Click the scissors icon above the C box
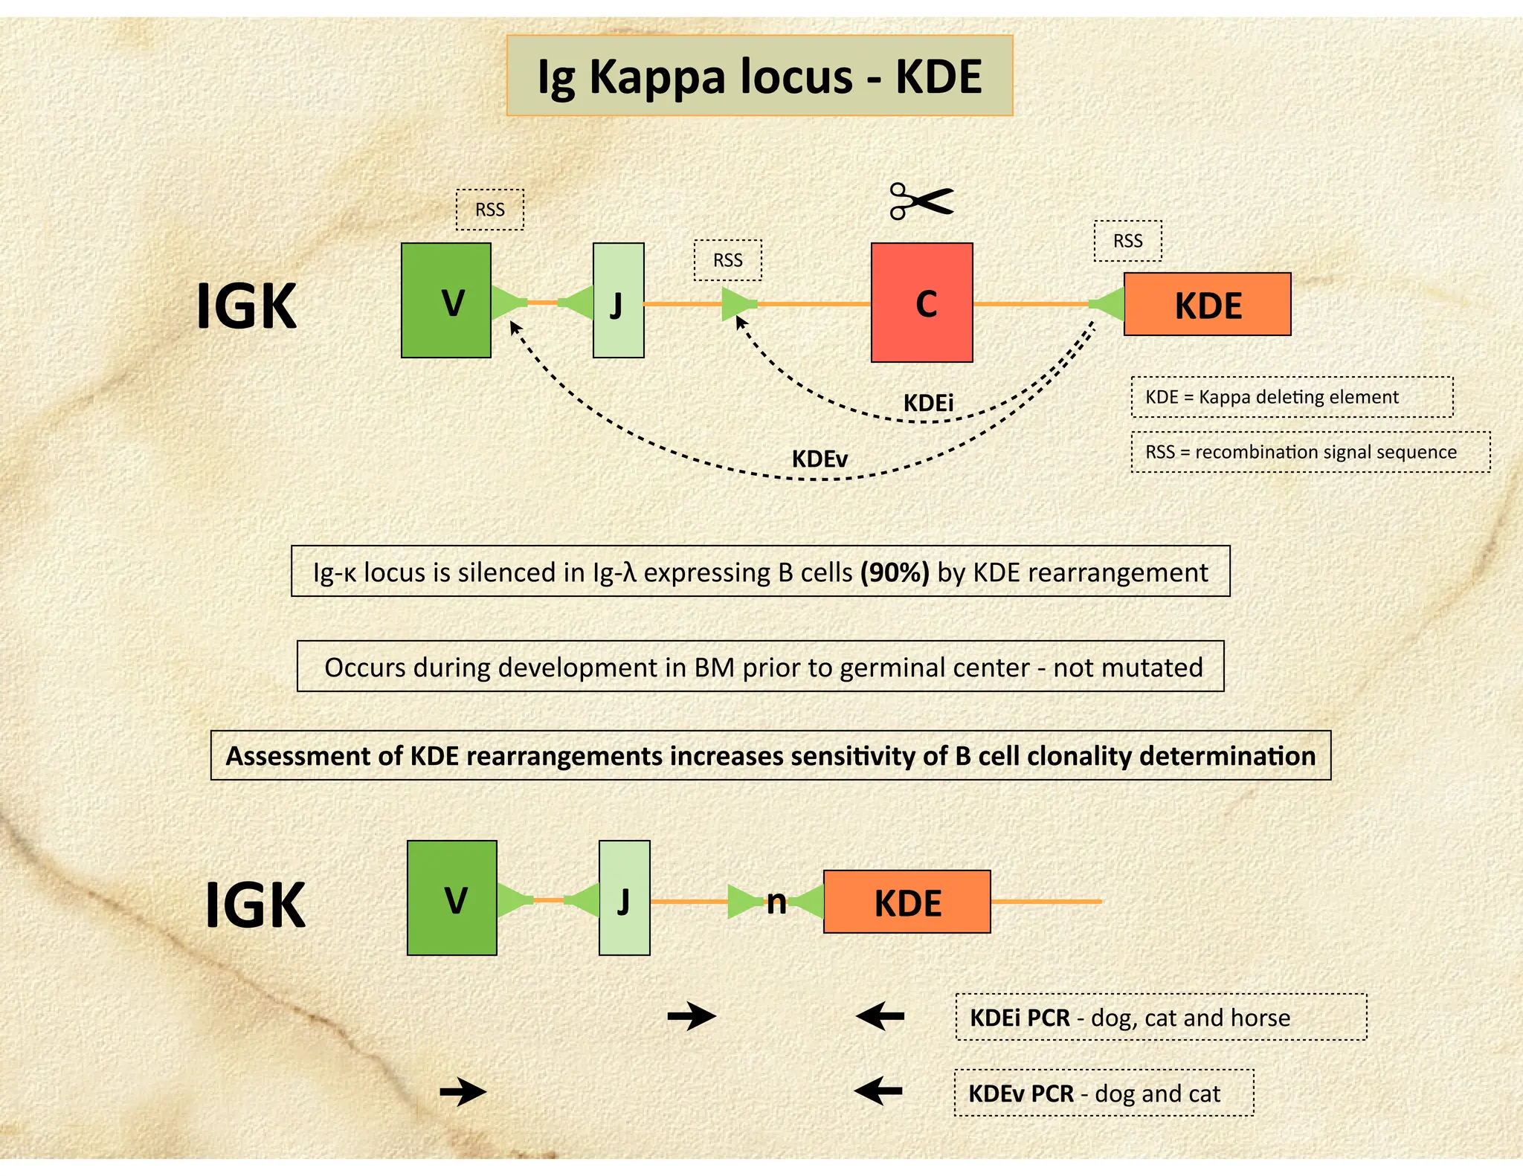(x=921, y=201)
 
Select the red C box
(x=922, y=303)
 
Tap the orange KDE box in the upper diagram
(x=1208, y=304)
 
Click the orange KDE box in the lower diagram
(x=907, y=902)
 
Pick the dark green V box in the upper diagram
(x=446, y=300)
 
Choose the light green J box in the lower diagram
(x=625, y=898)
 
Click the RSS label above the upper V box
(x=490, y=210)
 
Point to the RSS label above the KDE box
(x=1128, y=241)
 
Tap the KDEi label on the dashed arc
(x=928, y=403)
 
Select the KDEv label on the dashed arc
(x=820, y=459)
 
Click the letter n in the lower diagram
(x=776, y=903)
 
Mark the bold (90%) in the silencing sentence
(x=895, y=572)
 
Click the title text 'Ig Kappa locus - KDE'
(x=760, y=76)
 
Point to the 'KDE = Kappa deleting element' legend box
(x=1292, y=397)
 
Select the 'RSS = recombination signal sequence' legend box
(x=1311, y=452)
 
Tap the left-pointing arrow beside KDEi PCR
(x=880, y=1015)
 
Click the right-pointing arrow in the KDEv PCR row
(x=463, y=1092)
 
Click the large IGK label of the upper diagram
(x=247, y=306)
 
